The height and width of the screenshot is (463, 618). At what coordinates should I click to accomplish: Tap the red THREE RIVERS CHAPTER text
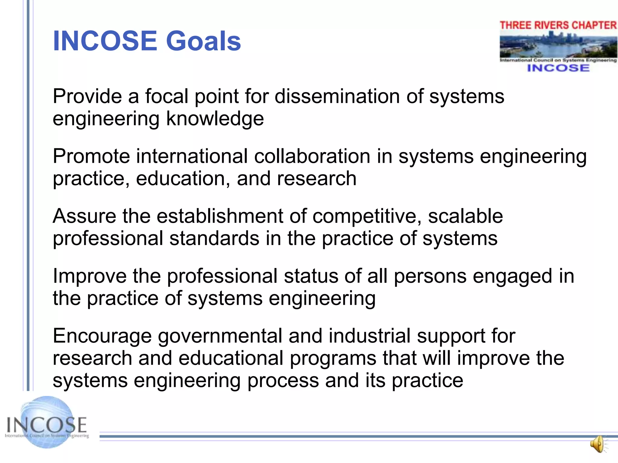pos(558,25)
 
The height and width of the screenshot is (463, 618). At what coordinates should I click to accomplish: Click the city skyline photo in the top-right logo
pos(558,45)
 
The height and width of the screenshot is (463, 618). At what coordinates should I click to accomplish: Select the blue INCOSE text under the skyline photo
pos(558,68)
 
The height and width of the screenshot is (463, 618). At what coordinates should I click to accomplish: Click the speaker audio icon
pos(598,444)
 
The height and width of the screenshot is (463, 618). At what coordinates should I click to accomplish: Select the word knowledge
pos(215,119)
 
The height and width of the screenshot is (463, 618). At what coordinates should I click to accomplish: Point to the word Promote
pos(91,156)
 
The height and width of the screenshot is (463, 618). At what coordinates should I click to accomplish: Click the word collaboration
pos(312,156)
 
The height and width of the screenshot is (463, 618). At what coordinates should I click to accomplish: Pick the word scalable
pos(465,216)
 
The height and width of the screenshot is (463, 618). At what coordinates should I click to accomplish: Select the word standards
pos(214,238)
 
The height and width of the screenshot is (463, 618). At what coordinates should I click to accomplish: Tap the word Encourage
pos(102,336)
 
